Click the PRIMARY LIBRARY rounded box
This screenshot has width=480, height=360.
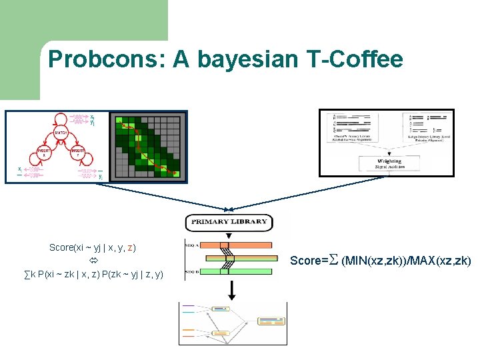click(229, 222)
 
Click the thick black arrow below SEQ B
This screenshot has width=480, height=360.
click(231, 289)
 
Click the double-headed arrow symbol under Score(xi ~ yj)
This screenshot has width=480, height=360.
click(93, 260)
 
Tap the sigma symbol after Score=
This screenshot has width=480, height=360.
click(334, 260)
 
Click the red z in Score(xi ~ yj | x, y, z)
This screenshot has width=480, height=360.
click(131, 247)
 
